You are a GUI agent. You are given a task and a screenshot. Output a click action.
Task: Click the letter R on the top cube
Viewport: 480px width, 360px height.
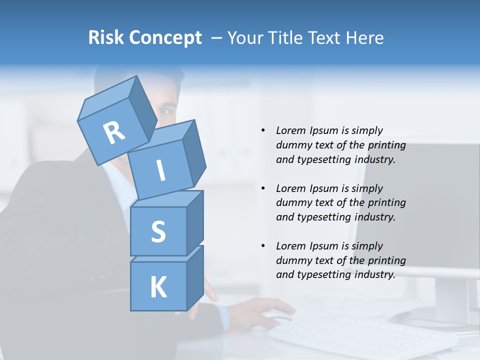coord(114,132)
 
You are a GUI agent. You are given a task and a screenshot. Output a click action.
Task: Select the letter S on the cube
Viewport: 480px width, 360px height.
coord(158,231)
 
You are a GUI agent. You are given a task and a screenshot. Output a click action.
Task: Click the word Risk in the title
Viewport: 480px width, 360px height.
coord(105,37)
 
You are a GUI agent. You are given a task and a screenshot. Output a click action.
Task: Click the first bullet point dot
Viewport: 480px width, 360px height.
coord(263,130)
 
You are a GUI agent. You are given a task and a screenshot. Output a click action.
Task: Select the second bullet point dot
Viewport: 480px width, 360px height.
coord(263,188)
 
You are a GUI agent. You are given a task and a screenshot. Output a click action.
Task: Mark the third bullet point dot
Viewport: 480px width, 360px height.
coord(263,246)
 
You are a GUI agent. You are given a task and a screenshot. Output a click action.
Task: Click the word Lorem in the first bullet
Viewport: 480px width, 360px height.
coord(290,130)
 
